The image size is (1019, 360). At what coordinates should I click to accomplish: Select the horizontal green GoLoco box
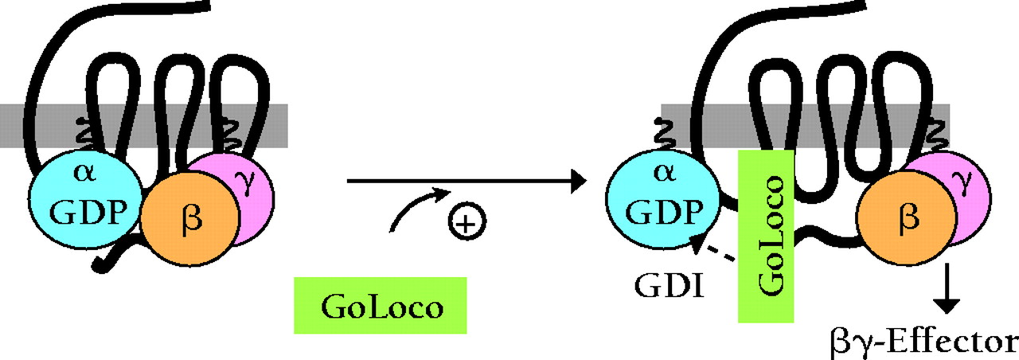(x=381, y=305)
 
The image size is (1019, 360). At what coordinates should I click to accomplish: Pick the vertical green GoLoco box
(x=767, y=235)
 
